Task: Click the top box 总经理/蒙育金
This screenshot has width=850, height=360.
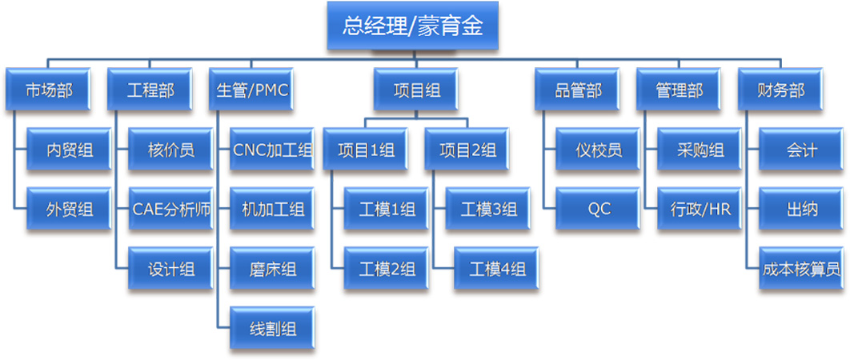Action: point(413,26)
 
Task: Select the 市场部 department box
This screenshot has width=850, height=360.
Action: point(49,90)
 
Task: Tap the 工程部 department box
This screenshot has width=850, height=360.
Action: point(150,90)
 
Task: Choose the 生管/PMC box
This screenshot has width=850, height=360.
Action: point(251,90)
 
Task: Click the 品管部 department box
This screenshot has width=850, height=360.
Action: point(578,90)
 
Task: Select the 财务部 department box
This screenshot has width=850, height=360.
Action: point(780,90)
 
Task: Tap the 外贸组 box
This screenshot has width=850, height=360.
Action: point(70,210)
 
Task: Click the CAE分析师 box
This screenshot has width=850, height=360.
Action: point(171,210)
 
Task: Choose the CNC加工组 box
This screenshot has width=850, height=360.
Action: point(272,150)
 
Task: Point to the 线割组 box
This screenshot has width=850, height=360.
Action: point(272,328)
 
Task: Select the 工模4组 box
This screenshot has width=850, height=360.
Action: point(496,269)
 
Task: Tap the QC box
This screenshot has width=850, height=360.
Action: point(599,210)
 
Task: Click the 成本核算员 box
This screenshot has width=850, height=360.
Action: point(801,269)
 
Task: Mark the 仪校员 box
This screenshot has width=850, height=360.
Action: point(599,150)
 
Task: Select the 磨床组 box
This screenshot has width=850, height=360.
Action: point(272,269)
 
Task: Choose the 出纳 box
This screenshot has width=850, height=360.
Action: point(801,210)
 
